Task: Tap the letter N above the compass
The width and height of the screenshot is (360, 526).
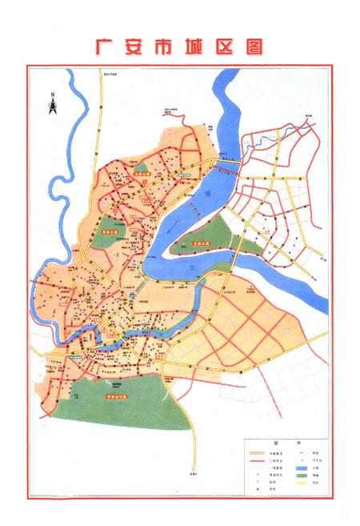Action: coord(50,95)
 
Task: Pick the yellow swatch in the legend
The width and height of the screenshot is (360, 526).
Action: coord(302,484)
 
